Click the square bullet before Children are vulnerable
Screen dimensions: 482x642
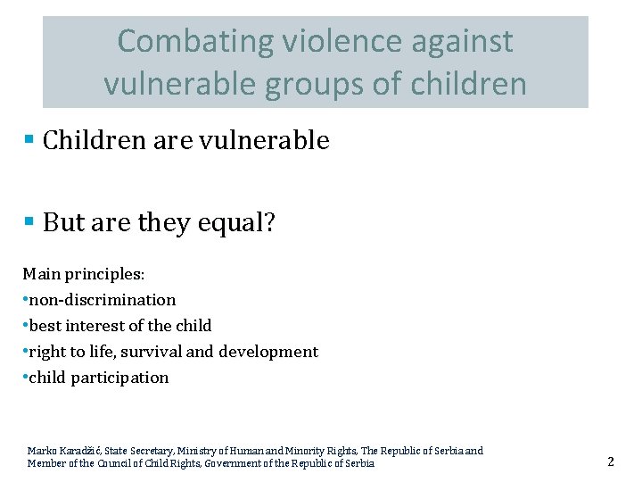point(29,140)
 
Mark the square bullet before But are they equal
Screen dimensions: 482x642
point(29,221)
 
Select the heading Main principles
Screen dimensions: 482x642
point(83,273)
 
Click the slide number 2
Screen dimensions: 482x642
point(611,461)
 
